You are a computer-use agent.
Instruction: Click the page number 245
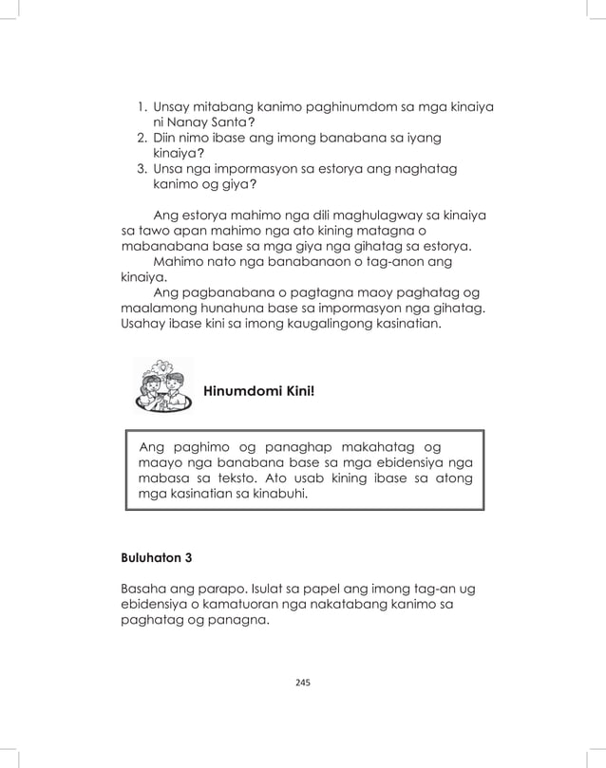(x=304, y=682)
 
